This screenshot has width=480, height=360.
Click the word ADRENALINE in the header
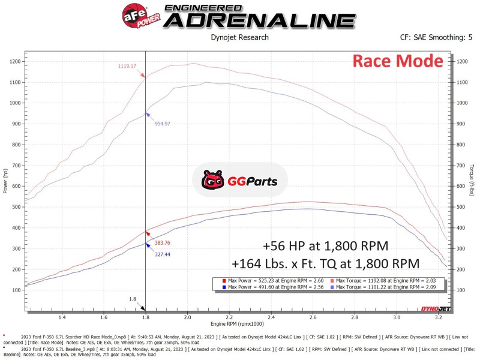[259, 20]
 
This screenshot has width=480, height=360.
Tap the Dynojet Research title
[239, 37]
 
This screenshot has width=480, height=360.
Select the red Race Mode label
[397, 61]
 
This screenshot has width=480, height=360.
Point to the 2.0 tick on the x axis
[187, 317]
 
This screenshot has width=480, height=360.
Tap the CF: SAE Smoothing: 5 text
[436, 37]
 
